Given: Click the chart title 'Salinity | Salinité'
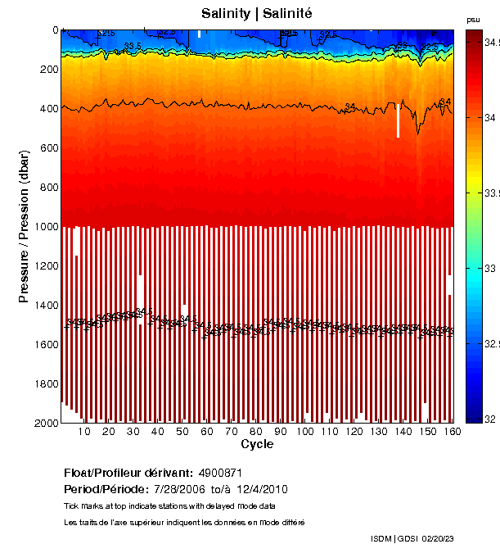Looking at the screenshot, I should (x=256, y=14).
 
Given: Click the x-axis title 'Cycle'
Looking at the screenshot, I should (x=257, y=444).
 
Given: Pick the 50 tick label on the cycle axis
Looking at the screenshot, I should (x=182, y=432).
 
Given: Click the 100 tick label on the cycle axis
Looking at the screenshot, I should (x=305, y=432).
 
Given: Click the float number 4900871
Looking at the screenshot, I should (x=220, y=473).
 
